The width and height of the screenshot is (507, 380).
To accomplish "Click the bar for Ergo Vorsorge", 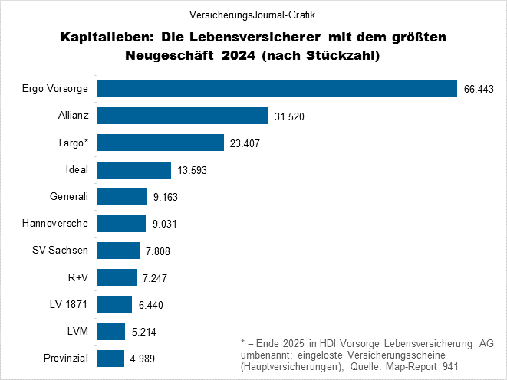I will click(276, 89).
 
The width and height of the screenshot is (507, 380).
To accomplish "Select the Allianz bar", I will click(182, 116).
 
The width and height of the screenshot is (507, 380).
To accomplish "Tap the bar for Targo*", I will click(160, 142).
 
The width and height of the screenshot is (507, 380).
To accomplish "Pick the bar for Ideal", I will click(133, 169).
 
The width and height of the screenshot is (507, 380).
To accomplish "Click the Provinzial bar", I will click(110, 358).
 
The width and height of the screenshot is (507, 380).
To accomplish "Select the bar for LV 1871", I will click(114, 304).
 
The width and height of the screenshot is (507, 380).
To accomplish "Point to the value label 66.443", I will click(480, 90).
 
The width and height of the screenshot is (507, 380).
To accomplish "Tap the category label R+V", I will click(78, 277).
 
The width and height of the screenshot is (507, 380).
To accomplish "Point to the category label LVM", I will click(77, 331).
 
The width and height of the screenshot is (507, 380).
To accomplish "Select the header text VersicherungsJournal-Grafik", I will click(252, 15).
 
